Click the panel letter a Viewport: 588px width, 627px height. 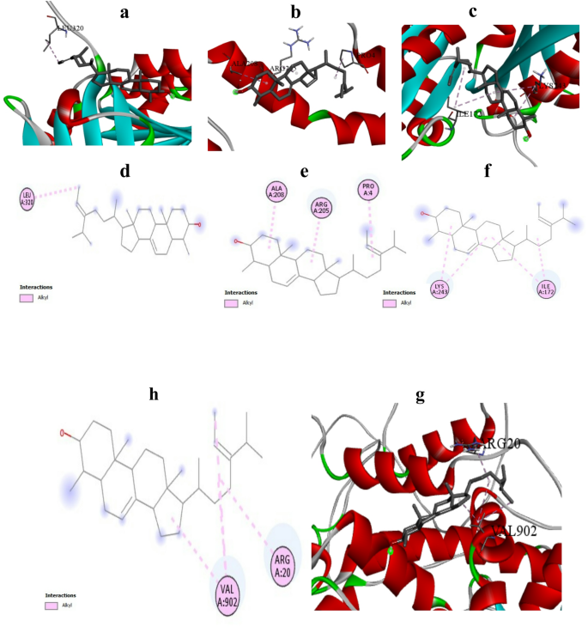(x=124, y=11)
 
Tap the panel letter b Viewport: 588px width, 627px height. (x=296, y=11)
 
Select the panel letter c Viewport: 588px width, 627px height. (x=497, y=11)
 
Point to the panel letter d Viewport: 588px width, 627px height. (x=125, y=171)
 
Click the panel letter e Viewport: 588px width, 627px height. (x=304, y=171)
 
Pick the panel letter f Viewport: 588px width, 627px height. (x=488, y=171)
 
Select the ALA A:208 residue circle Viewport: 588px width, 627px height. (x=276, y=192)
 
